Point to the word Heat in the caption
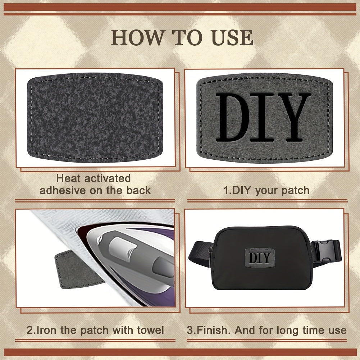(70, 178)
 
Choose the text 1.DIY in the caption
(238, 190)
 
